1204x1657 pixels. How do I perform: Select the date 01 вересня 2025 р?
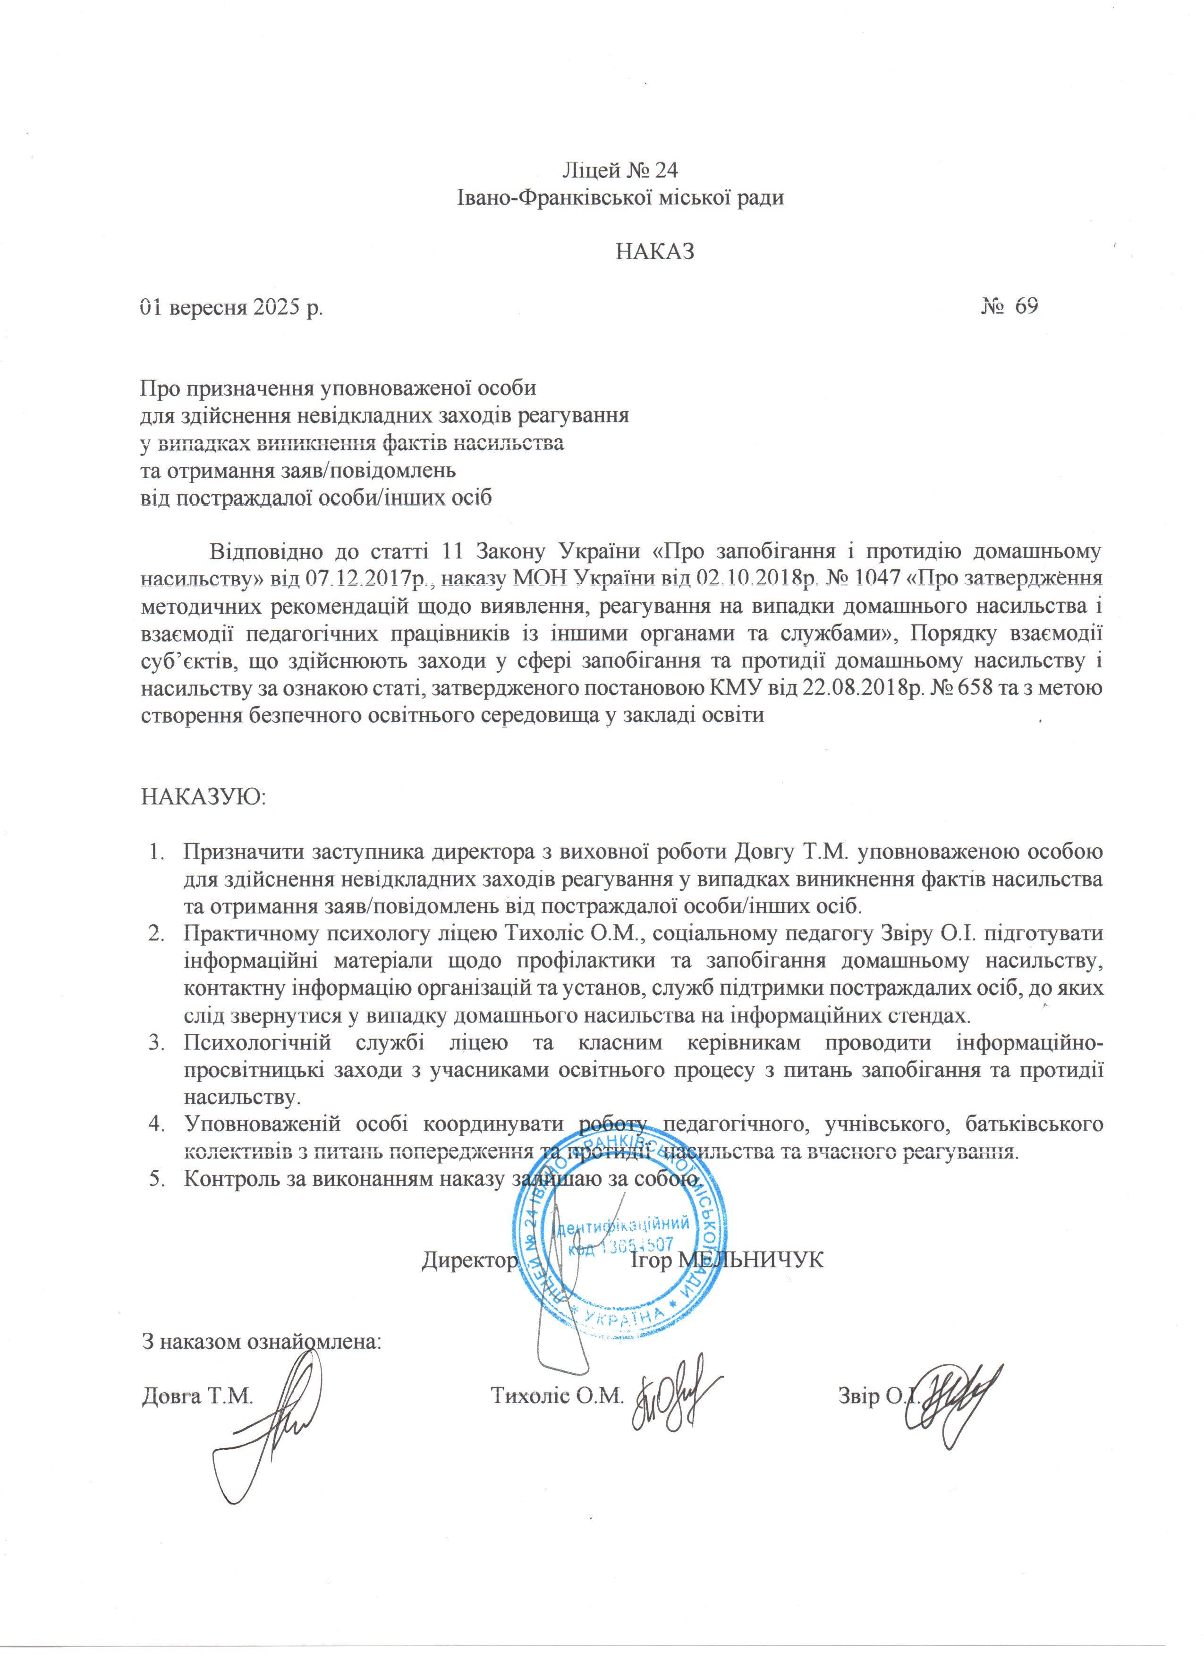point(232,308)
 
